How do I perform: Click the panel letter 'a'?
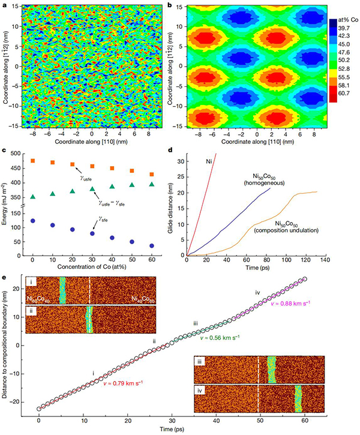[4, 4]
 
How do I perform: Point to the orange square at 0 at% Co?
[32, 161]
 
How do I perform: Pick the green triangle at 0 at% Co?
[32, 196]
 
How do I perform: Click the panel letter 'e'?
[4, 277]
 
